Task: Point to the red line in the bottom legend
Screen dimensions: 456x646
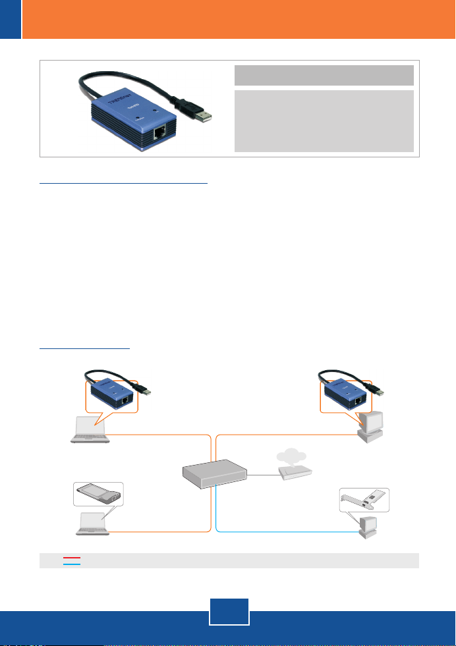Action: (x=72, y=557)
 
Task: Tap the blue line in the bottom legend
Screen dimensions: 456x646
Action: (x=72, y=564)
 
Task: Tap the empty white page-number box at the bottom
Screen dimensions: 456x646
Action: (x=228, y=610)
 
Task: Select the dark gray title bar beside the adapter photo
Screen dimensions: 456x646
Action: (x=324, y=75)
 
